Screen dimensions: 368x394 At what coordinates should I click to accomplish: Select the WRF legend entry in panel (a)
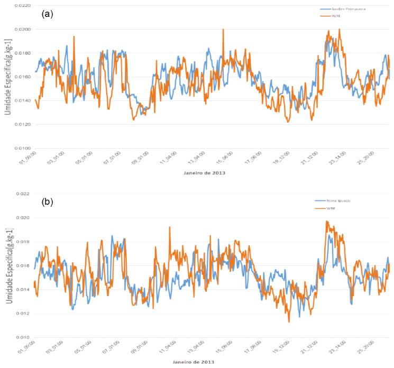tap(336, 17)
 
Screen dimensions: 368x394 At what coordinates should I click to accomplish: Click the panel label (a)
tap(47, 14)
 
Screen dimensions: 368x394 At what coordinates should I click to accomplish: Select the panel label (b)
tap(47, 203)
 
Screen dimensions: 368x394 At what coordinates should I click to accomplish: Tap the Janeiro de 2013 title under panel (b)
tap(196, 362)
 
